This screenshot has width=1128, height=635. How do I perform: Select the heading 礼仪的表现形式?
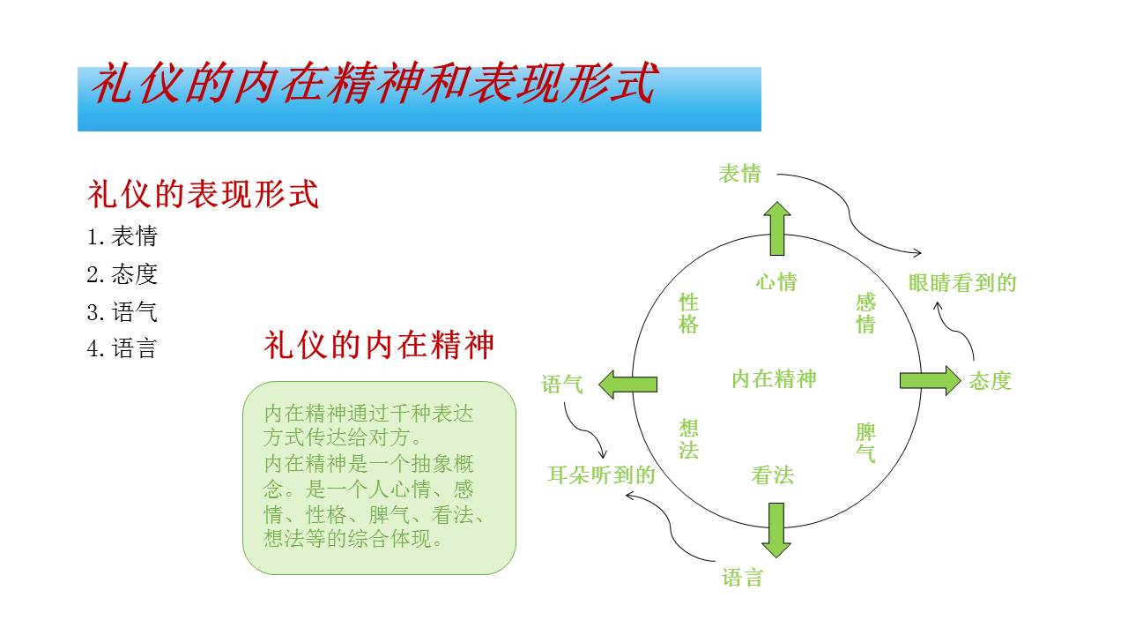click(203, 193)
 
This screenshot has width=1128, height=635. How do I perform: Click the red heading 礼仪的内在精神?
click(379, 345)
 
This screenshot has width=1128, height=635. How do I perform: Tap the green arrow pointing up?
click(776, 228)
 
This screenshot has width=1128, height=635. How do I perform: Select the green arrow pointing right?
click(930, 380)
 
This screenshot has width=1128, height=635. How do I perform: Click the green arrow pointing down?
click(776, 529)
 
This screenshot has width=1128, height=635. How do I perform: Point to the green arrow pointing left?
click(627, 384)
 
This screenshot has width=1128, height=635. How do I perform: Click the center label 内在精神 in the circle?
click(774, 379)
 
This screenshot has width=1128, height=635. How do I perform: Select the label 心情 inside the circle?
click(776, 282)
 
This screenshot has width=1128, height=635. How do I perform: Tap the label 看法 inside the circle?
click(773, 476)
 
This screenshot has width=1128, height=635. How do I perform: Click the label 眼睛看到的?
click(962, 283)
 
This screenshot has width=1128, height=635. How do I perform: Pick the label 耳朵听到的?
click(602, 475)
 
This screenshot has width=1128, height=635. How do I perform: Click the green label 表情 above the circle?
click(739, 174)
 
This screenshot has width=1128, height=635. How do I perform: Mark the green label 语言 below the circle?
click(742, 579)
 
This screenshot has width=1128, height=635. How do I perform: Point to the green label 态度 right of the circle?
click(991, 381)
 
